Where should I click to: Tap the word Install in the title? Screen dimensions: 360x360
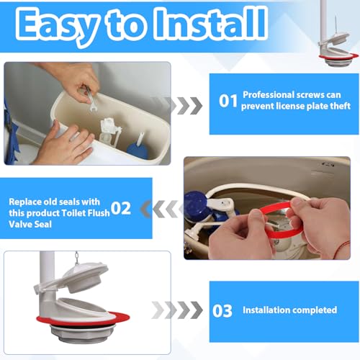pyautogui.click(x=210, y=24)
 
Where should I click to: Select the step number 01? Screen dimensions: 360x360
pyautogui.click(x=228, y=101)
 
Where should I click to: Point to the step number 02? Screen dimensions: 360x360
pyautogui.click(x=121, y=208)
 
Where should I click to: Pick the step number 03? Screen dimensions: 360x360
pyautogui.click(x=222, y=311)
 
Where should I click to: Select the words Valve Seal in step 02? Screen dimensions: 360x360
pyautogui.click(x=30, y=225)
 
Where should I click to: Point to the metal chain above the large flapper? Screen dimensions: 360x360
pyautogui.click(x=77, y=258)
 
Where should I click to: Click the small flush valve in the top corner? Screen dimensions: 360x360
pyautogui.click(x=338, y=45)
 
